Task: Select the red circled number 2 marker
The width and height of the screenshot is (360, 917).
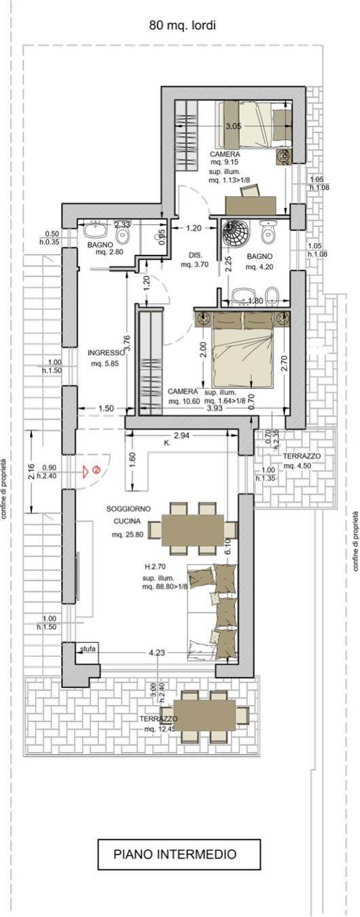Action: pos(97,469)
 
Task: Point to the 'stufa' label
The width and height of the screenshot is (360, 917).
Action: pos(88,649)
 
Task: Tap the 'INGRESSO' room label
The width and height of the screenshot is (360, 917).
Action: pos(106,353)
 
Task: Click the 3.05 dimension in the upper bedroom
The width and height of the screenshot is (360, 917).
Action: pos(233,126)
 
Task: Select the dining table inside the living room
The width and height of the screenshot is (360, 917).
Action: pos(192,530)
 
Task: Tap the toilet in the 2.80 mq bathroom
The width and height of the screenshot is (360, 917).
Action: pos(122,236)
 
